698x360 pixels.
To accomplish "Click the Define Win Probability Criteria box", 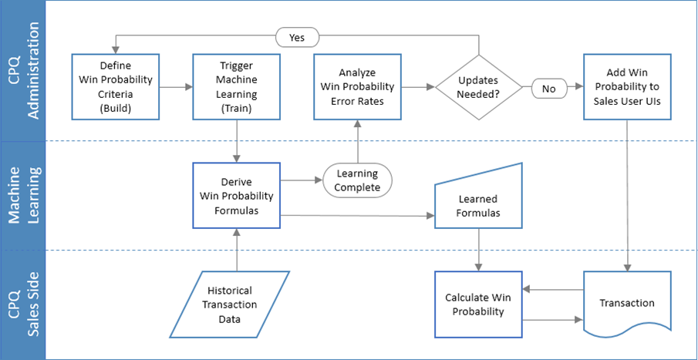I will [x=115, y=86].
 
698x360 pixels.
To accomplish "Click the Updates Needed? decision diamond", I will [x=478, y=87].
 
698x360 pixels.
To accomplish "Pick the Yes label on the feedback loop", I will [x=297, y=37].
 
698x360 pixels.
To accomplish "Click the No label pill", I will [x=549, y=88].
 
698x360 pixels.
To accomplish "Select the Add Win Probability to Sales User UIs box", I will [x=626, y=86].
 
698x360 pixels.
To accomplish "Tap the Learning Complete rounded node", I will [x=357, y=181].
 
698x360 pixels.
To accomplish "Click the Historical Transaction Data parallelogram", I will [x=230, y=304].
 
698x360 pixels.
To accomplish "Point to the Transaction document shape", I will [x=626, y=302].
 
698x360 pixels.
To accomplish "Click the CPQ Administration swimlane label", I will [x=22, y=70].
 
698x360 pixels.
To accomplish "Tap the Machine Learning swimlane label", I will [x=22, y=195].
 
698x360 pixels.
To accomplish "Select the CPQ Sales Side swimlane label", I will [x=22, y=304].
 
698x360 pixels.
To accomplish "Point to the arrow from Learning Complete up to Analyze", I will [x=356, y=143].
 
